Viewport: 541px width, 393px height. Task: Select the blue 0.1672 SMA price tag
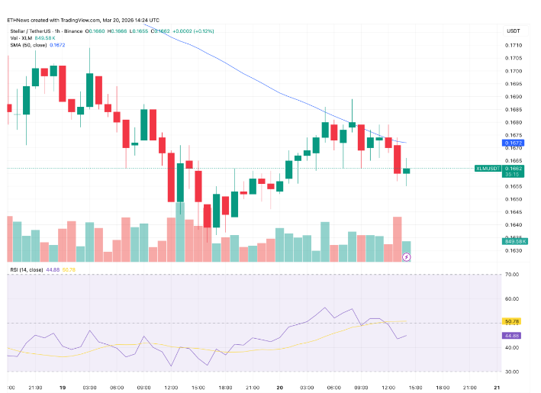coord(510,143)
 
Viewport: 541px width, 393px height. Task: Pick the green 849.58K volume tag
coord(512,241)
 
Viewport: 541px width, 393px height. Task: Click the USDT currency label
coord(513,30)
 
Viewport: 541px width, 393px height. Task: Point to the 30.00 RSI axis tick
coord(512,372)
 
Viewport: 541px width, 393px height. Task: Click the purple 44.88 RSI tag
coord(511,336)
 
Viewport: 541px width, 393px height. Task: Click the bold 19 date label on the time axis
coord(64,388)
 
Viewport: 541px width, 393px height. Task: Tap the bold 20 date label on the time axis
coord(281,388)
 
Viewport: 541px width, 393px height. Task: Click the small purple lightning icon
coord(406,257)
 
